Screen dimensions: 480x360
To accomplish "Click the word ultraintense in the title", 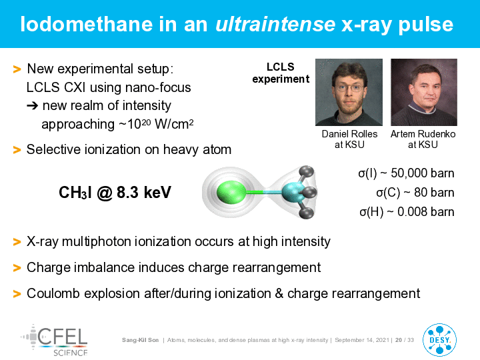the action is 275,24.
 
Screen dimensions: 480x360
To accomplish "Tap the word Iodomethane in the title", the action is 87,24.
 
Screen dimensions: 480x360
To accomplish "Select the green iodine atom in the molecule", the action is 231,192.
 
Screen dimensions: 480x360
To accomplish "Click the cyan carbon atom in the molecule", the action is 293,192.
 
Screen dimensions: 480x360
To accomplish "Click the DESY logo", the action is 439,340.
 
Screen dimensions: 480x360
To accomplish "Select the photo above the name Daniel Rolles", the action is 349,92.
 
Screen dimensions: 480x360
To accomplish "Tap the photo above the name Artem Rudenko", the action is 424,92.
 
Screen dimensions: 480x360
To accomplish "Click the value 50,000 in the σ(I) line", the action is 409,173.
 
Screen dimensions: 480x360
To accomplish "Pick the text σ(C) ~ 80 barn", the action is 415,193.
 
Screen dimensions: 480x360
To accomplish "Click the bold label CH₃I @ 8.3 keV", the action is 115,193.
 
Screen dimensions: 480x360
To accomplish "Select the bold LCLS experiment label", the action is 281,73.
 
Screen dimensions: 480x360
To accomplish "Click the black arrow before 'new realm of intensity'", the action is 33,106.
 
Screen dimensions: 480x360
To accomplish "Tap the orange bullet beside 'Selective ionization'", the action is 17,150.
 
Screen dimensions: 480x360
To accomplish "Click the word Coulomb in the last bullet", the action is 53,293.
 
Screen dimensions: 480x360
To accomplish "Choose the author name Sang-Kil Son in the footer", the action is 140,340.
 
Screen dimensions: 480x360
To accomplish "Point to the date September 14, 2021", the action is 362,340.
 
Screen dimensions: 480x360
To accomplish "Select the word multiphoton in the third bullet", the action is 96,242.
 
